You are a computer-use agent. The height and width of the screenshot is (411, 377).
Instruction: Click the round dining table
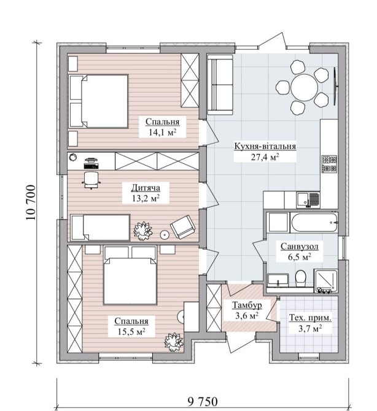click(x=304, y=87)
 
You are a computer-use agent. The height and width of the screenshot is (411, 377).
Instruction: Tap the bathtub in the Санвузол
click(x=314, y=223)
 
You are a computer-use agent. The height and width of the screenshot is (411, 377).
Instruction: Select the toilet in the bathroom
click(x=300, y=278)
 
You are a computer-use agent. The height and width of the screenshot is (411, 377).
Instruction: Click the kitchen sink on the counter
click(x=308, y=200)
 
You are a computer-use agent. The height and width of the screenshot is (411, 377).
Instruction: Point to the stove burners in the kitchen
click(x=330, y=164)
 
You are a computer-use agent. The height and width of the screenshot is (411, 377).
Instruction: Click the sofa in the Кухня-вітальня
click(x=220, y=85)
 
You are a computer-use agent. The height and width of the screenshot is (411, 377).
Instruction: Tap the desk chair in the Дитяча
click(x=91, y=180)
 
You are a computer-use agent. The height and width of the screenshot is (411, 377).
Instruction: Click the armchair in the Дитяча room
click(x=183, y=227)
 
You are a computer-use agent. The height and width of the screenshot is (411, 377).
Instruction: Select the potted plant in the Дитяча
click(x=143, y=231)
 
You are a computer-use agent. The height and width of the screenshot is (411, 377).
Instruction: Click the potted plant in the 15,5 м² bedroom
click(x=174, y=342)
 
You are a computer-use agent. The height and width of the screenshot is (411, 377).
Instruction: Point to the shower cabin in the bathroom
click(x=326, y=281)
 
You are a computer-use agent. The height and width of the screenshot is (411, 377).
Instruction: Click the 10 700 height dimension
click(x=31, y=202)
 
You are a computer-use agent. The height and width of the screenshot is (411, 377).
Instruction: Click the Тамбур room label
click(x=247, y=305)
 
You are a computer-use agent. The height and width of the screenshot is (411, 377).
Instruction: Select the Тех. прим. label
click(x=310, y=318)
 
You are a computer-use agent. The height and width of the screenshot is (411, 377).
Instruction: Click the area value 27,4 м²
click(x=265, y=157)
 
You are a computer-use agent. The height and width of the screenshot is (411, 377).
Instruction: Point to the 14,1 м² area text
click(x=162, y=133)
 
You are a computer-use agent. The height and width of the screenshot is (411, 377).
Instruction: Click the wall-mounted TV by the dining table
click(x=335, y=86)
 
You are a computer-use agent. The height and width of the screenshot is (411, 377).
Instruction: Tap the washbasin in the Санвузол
click(x=278, y=280)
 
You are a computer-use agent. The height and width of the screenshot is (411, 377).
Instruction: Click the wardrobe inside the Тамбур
click(x=214, y=308)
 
